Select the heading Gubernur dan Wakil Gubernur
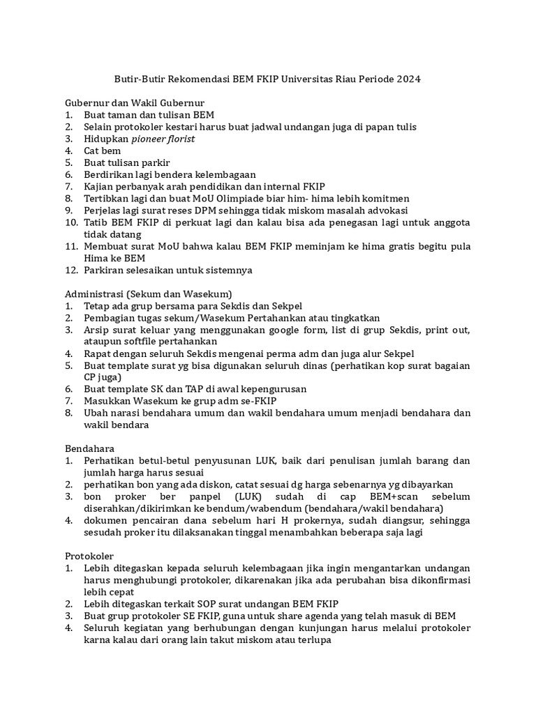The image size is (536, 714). point(135,102)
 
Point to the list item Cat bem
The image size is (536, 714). point(103,151)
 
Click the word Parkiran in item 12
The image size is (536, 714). point(105,269)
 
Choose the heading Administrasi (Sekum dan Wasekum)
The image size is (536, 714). point(149,294)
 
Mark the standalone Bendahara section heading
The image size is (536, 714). point(90,448)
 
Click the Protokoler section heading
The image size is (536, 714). point(90,556)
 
